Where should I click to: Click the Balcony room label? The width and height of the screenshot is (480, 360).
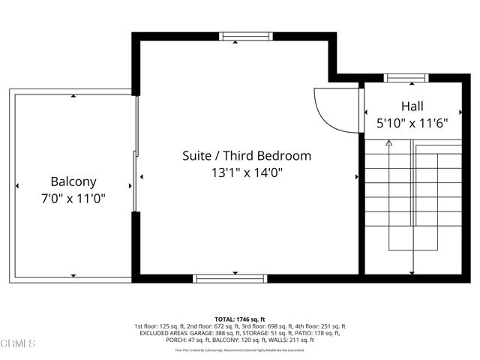point(73,181)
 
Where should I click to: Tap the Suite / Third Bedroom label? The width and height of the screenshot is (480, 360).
point(247,156)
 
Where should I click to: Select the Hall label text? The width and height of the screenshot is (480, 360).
point(412,106)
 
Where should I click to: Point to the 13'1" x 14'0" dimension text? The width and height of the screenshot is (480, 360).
point(247,173)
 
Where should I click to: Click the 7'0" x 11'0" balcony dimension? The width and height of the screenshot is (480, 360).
point(73,199)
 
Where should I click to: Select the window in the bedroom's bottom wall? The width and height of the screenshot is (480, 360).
point(231,278)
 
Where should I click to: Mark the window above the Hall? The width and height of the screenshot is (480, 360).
point(406,76)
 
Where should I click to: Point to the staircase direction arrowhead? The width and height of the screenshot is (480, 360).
point(388,142)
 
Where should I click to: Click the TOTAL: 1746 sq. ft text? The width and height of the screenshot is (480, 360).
point(240,319)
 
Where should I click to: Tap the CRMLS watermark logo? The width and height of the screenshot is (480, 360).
point(19,343)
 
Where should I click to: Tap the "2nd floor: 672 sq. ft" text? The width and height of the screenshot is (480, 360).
point(198,326)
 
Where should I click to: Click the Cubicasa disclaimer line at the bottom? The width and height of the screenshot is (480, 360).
point(240,349)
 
